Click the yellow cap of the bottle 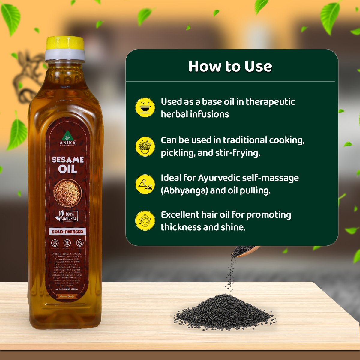(65, 43)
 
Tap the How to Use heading (230, 66)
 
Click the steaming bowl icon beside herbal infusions (145, 107)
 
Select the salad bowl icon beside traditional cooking (145, 147)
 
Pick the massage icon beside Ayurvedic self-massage (145, 184)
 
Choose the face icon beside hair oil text (145, 221)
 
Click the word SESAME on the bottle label (67, 160)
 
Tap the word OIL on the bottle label (67, 169)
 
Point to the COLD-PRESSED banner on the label (67, 232)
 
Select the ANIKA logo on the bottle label (68, 139)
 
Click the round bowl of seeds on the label (67, 192)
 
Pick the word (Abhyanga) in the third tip (184, 190)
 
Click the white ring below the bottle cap (65, 55)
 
